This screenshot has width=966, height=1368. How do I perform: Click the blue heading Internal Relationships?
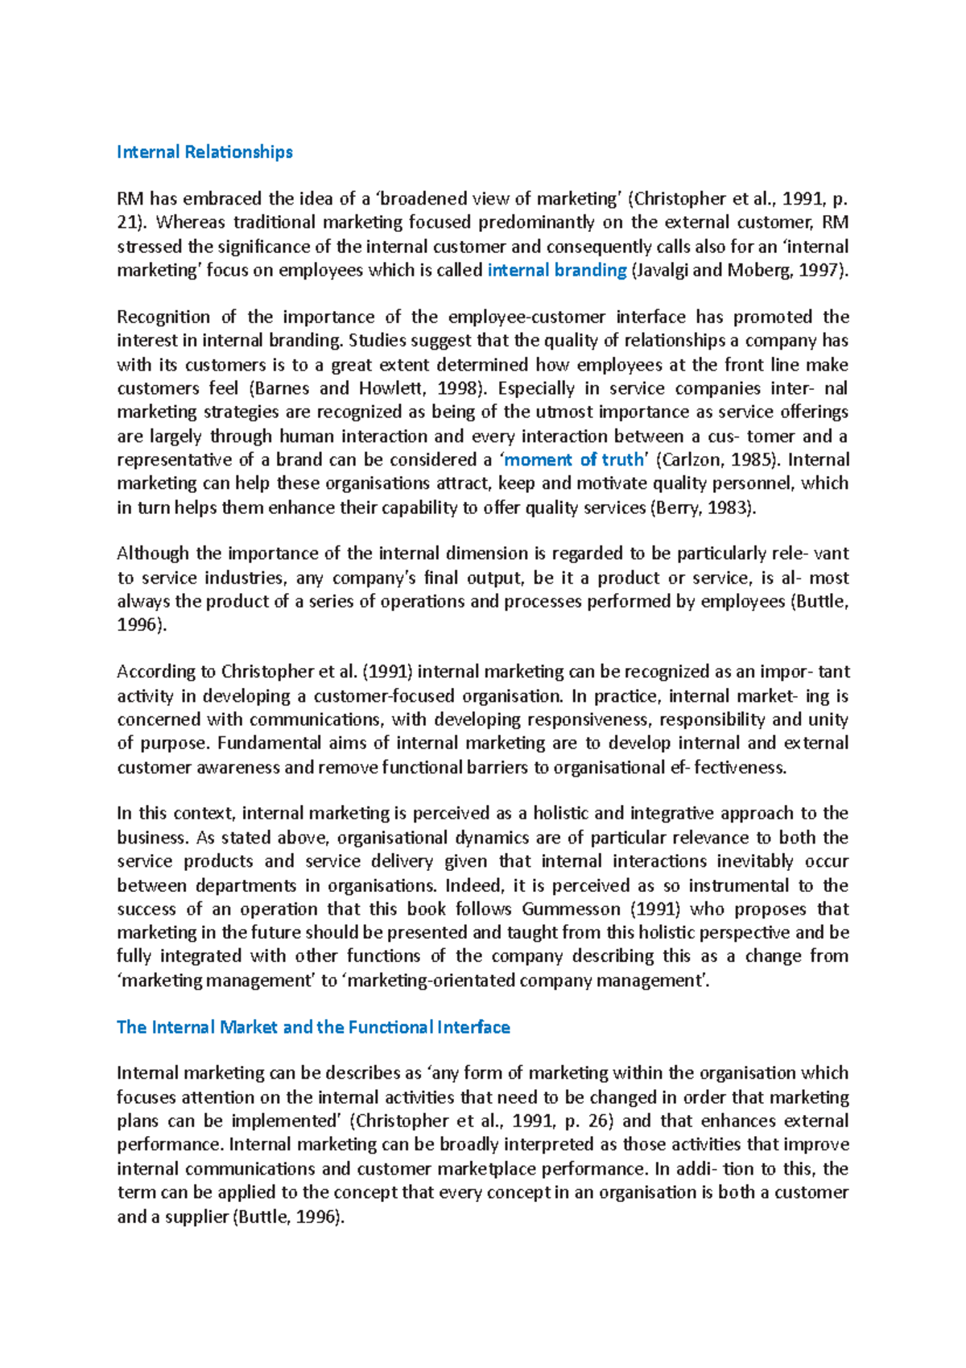[x=204, y=151]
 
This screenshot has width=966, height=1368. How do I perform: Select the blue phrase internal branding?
[x=557, y=270]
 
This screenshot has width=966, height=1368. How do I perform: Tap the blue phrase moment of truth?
[x=573, y=459]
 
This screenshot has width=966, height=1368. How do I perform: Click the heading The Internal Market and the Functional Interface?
[x=313, y=1026]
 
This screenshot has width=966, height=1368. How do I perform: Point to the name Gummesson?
[x=571, y=909]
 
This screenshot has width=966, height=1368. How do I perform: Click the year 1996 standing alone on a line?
[x=139, y=624]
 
